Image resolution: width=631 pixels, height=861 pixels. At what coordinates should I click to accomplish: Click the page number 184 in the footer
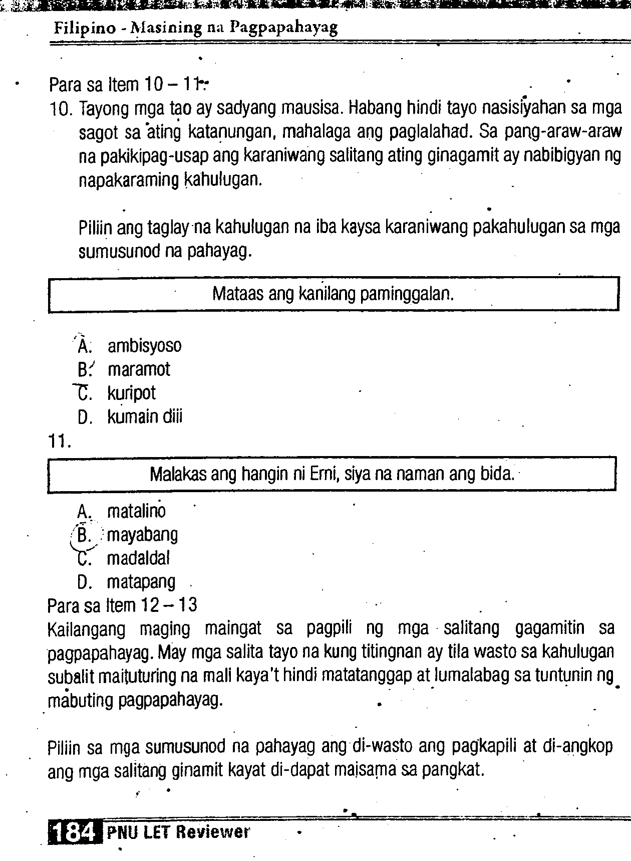[x=73, y=833]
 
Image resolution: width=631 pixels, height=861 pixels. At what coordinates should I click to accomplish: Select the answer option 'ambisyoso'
[x=144, y=346]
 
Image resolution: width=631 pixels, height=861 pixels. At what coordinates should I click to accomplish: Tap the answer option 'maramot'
[x=139, y=369]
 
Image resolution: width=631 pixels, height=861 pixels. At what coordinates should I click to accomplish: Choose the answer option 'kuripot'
[x=131, y=393]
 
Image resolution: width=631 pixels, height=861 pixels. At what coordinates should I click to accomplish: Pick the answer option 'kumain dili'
[x=145, y=416]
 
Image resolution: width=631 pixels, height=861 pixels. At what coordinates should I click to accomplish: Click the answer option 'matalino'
[x=136, y=511]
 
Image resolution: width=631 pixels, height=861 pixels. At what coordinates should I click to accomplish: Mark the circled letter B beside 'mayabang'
[x=84, y=535]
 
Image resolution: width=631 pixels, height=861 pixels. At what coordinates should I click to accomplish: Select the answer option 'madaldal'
[x=138, y=558]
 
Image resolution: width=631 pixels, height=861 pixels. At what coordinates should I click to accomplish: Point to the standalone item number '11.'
[x=60, y=442]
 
